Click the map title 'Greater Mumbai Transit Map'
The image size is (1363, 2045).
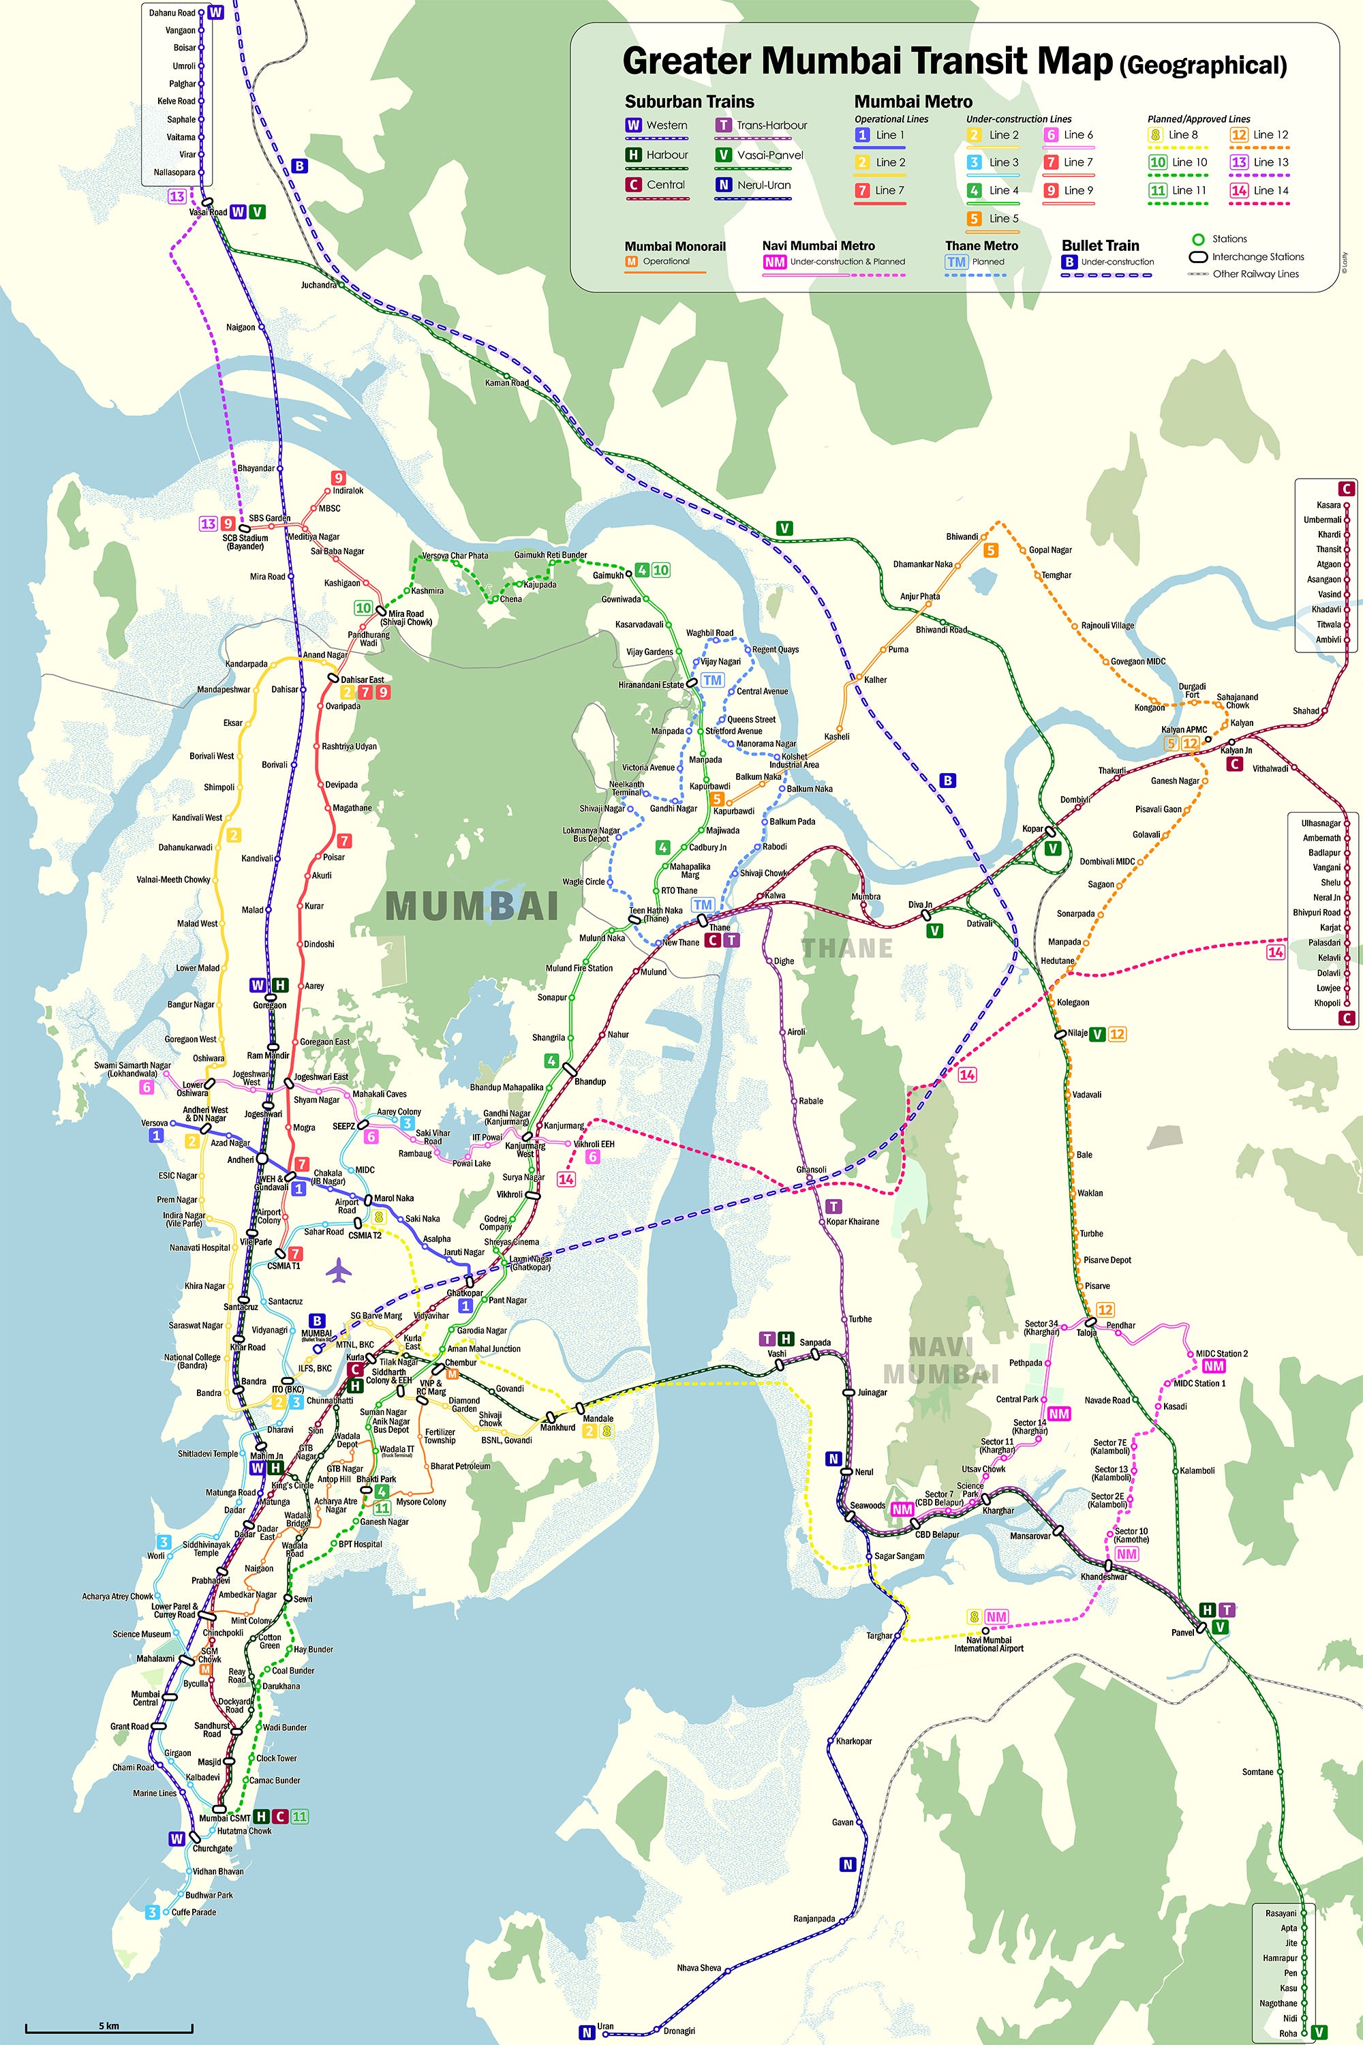867,61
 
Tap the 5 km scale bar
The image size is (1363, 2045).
108,2030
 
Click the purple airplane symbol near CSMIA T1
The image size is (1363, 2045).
339,1271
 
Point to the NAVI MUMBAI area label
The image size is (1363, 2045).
940,1361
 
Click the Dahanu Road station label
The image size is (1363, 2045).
172,13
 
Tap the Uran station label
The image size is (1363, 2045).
605,2026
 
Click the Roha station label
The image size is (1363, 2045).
1287,2033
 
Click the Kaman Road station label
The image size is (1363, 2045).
507,382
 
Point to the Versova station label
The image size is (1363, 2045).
155,1123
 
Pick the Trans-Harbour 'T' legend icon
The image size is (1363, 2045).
722,125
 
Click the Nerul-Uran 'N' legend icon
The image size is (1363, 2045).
722,184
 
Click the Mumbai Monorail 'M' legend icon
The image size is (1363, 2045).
632,261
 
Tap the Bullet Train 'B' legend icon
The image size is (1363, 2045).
1069,261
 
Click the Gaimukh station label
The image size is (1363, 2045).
608,575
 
